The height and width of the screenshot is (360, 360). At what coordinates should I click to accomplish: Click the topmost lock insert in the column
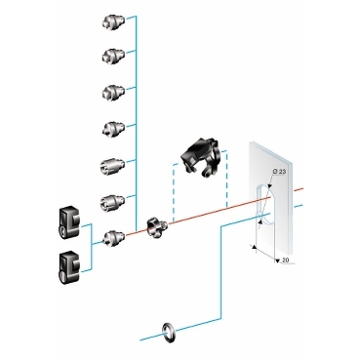pos(112,20)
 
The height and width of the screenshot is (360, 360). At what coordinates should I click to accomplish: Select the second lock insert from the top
pos(112,56)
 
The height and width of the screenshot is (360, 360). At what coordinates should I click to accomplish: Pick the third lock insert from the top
pos(112,92)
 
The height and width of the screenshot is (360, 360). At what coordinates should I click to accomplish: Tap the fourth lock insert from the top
pos(112,128)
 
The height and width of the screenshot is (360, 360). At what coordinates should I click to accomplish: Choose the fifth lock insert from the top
pos(112,164)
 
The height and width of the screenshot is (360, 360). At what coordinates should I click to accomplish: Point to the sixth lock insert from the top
pos(112,200)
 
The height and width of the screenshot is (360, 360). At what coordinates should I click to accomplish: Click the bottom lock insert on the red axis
pos(113,235)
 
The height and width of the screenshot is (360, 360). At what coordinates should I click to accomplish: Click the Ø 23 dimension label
pos(276,172)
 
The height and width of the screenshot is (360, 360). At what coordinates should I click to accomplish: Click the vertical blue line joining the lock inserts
pos(137,117)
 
